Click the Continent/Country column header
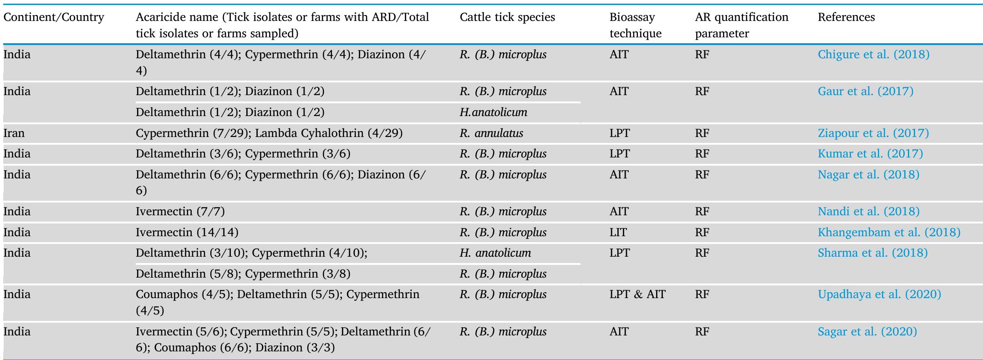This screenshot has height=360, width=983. tap(54, 17)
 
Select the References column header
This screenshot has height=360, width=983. tap(846, 17)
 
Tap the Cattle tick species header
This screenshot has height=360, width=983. tap(507, 17)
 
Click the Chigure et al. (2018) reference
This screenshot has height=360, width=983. tap(873, 55)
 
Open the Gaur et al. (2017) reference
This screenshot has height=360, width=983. tap(865, 91)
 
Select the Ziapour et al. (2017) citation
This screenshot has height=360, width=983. tap(873, 133)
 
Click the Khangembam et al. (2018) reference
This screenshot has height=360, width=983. tap(889, 233)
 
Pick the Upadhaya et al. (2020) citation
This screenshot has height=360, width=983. tap(879, 294)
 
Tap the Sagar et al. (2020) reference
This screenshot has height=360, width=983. tap(867, 332)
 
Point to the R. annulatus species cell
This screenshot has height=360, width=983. tap(491, 133)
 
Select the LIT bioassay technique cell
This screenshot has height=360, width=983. tap(618, 233)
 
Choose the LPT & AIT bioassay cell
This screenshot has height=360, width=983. tap(637, 294)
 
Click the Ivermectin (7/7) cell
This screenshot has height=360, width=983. tap(180, 212)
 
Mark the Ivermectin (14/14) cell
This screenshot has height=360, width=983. tap(187, 233)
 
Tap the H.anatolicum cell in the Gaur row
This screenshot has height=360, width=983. tap(493, 112)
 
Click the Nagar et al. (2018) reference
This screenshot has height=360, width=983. tap(868, 175)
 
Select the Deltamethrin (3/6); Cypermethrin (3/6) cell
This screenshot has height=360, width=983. tap(243, 154)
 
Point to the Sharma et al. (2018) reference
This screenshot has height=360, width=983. tap(872, 253)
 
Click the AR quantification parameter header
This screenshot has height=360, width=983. tap(741, 25)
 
